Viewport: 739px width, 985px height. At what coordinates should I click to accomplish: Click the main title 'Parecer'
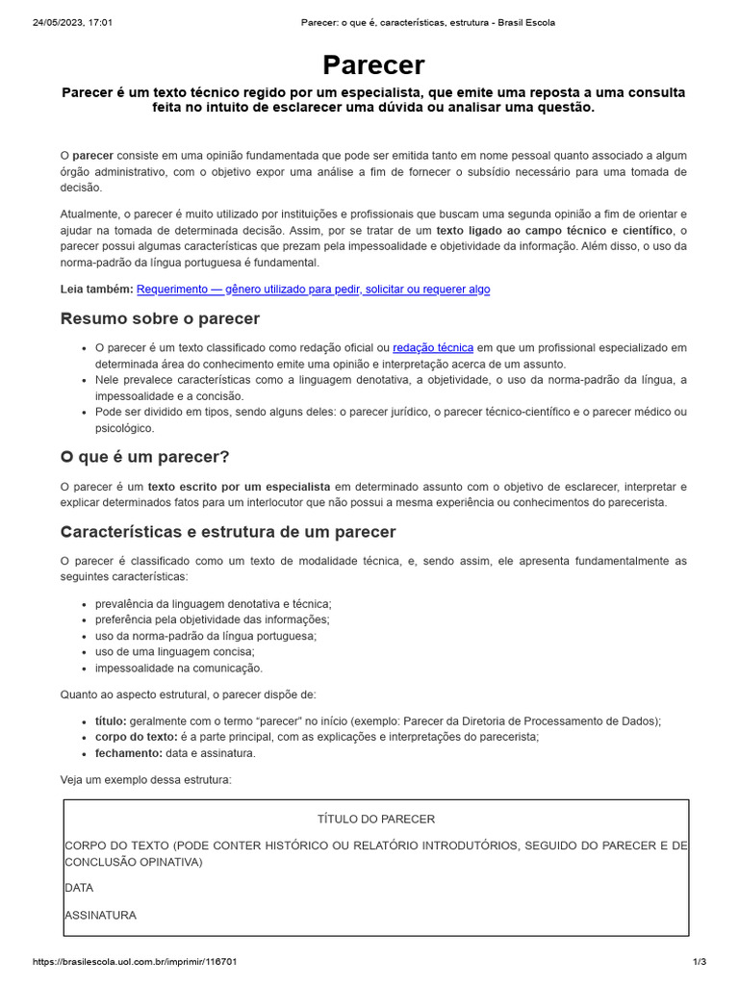373,64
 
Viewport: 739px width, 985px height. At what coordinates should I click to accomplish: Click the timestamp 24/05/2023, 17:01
72,22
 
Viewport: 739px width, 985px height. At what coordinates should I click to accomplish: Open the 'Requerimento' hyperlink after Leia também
313,289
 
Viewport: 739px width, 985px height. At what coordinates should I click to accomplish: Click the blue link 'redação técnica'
433,347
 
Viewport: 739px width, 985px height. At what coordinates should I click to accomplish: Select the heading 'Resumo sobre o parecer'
160,318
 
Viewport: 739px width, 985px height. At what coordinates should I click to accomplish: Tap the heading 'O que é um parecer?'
144,456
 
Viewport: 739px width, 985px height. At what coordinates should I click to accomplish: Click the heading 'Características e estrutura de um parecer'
227,532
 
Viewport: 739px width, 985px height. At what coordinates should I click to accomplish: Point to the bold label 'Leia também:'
96,289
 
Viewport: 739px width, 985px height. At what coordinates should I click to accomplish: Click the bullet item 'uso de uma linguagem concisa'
174,651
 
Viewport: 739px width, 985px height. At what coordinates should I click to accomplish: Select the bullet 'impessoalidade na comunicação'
178,668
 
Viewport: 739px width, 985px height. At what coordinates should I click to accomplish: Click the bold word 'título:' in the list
111,720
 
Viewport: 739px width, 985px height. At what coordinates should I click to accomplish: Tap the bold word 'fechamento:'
129,753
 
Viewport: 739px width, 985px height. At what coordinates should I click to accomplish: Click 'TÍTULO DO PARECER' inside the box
376,819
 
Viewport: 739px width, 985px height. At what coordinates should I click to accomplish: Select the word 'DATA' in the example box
79,888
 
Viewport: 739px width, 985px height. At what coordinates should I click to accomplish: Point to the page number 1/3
700,962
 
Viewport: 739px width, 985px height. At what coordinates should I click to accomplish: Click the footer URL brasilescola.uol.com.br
135,962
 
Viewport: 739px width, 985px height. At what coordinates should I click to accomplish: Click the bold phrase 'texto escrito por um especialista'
239,487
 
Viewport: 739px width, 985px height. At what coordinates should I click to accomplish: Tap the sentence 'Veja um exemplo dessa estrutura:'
145,779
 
